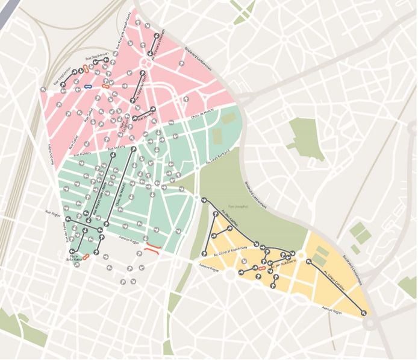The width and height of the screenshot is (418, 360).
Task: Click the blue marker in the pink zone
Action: pyautogui.click(x=89, y=87)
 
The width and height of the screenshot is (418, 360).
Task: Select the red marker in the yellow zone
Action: pyautogui.click(x=262, y=268)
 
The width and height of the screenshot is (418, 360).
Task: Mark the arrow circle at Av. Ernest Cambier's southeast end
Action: pyautogui.click(x=364, y=312)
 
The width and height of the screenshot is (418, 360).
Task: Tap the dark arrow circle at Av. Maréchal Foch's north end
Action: pyautogui.click(x=143, y=74)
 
